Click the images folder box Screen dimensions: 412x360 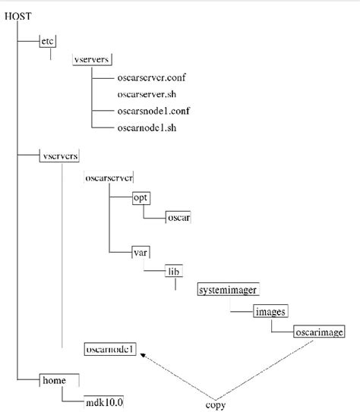pyautogui.click(x=270, y=311)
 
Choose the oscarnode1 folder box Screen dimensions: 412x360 pyautogui.click(x=110, y=350)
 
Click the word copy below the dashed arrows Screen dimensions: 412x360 pyautogui.click(x=216, y=404)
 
